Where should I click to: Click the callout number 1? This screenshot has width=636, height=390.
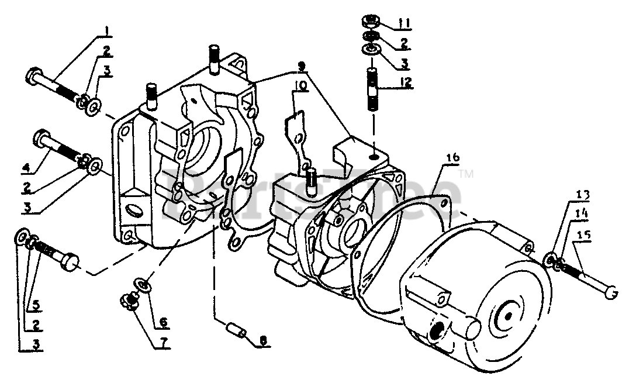coord(107,30)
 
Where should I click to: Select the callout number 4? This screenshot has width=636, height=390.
coord(26,168)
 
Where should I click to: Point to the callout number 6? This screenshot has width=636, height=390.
coord(163,321)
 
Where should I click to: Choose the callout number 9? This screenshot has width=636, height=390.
coord(300,66)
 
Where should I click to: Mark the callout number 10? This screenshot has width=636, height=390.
coord(299,86)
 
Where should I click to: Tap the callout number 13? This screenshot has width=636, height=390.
coord(568,194)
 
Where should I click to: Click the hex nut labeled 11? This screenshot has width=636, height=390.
coord(369,23)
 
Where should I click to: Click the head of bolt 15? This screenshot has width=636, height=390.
coord(611,292)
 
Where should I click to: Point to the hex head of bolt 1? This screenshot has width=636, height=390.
coord(33,75)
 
